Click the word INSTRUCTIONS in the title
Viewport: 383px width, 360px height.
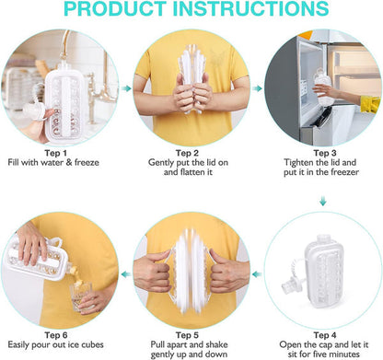click(251, 8)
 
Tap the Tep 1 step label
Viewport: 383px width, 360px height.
click(55, 153)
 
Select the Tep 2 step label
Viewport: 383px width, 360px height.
click(187, 153)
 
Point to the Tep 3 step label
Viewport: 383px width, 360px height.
click(325, 153)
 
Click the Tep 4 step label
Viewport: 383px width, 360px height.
click(325, 335)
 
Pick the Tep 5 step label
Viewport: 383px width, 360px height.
click(187, 335)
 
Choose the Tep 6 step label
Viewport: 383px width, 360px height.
click(56, 335)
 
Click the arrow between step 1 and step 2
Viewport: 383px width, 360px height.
click(126, 88)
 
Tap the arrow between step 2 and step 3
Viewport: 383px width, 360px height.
click(258, 88)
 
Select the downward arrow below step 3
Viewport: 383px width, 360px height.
click(323, 201)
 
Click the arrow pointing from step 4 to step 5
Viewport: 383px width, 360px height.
click(257, 274)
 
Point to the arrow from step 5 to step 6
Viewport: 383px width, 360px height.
click(126, 274)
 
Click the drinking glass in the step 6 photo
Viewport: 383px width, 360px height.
click(81, 296)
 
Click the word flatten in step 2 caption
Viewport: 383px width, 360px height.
click(191, 172)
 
